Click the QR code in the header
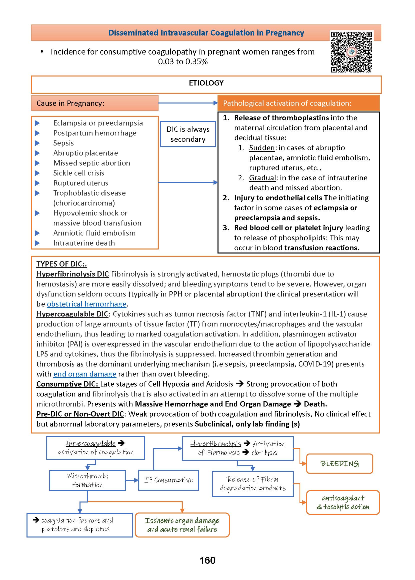[352, 52]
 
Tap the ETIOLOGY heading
[206, 83]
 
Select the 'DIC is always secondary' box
[188, 134]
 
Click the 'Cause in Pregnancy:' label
[70, 103]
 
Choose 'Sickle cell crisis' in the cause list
[78, 173]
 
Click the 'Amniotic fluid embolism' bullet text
[94, 233]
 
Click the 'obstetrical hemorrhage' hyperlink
[86, 304]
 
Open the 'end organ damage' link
[84, 374]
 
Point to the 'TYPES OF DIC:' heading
[61, 264]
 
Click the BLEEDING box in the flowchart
[339, 464]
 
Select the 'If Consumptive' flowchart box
[168, 480]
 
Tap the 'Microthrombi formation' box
[87, 480]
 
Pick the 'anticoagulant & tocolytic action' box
[343, 502]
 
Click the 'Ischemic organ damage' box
[182, 525]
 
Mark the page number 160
[207, 560]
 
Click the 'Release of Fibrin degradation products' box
[252, 484]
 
